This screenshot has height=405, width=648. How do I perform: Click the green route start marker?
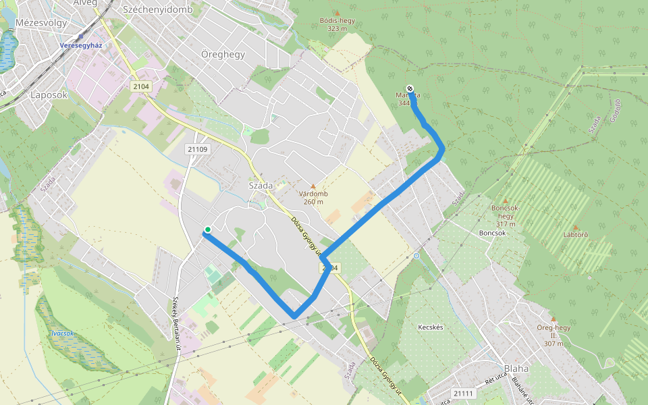point(208,230)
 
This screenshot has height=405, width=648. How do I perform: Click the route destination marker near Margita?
point(410,88)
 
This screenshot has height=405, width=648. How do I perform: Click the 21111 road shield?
point(464,393)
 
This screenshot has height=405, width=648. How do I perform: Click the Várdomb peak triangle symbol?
point(313,186)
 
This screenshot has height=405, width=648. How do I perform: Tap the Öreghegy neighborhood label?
point(223,54)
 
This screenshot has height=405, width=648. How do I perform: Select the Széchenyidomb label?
point(158,9)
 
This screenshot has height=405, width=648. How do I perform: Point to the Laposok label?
point(49,95)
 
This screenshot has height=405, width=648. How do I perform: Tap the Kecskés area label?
point(430,327)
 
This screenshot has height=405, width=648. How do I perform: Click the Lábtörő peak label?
point(575,235)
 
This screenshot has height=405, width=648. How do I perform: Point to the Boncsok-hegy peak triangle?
point(505,200)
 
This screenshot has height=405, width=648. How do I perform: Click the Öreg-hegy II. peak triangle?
point(553,319)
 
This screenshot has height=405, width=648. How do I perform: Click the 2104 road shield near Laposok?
point(140,87)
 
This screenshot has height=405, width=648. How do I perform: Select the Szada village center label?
point(261,186)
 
